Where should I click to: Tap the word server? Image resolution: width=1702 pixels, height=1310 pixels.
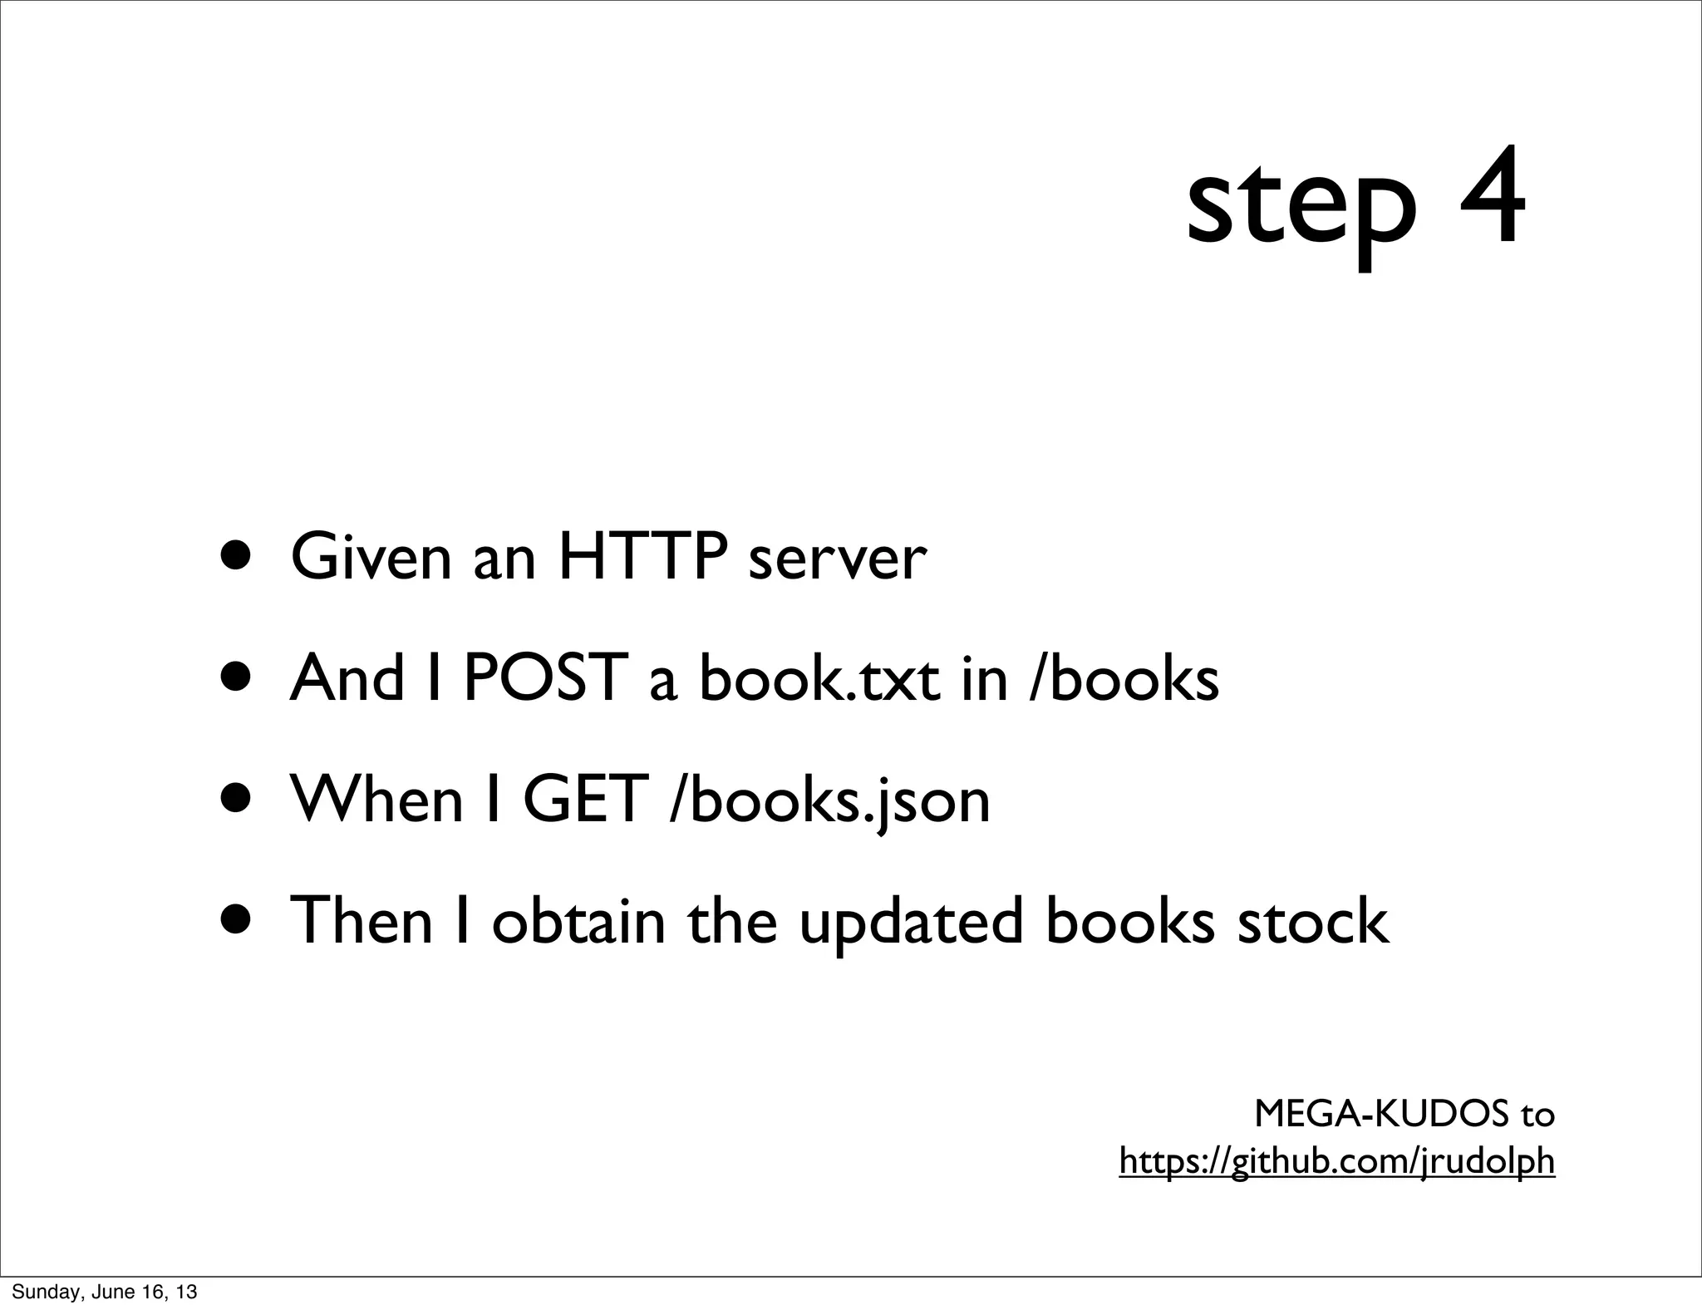tap(837, 559)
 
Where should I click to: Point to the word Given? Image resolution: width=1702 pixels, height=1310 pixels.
tap(371, 557)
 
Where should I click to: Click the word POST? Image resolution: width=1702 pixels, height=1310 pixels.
tap(544, 678)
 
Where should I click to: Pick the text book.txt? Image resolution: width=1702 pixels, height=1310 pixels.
tap(819, 678)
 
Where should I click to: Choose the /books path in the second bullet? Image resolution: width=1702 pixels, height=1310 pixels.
tap(1124, 678)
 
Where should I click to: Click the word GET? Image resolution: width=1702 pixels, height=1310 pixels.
tap(586, 800)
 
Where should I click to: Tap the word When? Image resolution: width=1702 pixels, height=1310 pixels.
tap(376, 800)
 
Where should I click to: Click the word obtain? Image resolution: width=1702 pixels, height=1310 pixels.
tap(578, 921)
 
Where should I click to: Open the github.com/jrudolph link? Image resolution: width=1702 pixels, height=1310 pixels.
tap(1336, 1161)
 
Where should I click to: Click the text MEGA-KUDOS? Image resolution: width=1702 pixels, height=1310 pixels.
tap(1381, 1114)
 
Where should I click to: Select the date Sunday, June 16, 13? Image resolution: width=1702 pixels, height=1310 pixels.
tap(105, 1292)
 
